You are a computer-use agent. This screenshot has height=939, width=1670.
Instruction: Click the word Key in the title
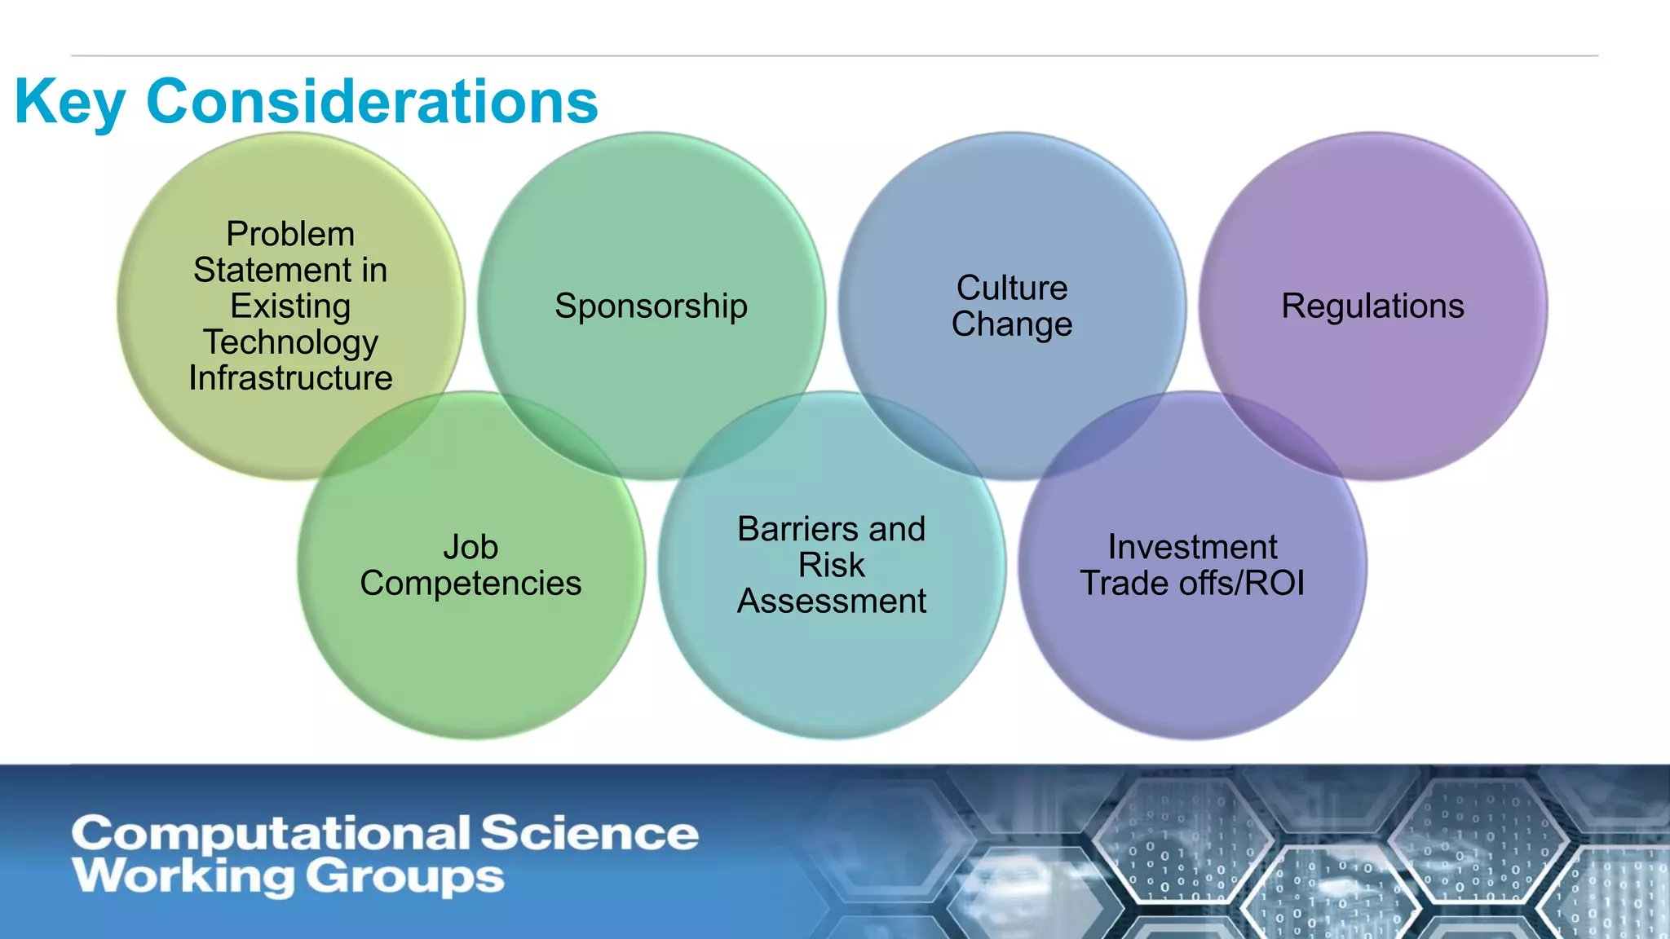(x=69, y=103)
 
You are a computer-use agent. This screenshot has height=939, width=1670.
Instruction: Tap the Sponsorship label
(x=651, y=306)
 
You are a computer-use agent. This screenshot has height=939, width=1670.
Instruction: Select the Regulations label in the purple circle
(x=1372, y=306)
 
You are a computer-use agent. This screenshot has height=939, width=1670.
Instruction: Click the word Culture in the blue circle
(x=1011, y=288)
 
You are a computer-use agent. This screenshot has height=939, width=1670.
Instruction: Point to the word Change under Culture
(x=1011, y=324)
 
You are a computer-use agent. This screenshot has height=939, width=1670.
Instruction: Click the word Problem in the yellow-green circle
(x=290, y=234)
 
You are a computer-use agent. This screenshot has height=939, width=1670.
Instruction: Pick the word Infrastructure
(x=290, y=378)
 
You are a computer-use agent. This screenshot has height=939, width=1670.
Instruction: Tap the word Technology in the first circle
(x=290, y=342)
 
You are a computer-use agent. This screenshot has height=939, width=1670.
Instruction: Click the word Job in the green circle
(x=471, y=547)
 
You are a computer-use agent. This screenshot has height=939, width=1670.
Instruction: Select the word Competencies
(x=471, y=583)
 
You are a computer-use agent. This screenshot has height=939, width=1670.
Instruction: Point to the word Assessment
(x=831, y=602)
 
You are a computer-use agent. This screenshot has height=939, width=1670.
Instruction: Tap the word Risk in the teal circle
(x=831, y=565)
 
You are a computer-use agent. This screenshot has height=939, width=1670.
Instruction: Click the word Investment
(x=1192, y=547)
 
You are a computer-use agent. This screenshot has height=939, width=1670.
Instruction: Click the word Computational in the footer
(x=271, y=835)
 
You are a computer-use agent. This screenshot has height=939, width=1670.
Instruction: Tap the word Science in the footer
(x=589, y=833)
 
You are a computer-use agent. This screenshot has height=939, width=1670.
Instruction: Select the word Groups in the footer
(x=405, y=877)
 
